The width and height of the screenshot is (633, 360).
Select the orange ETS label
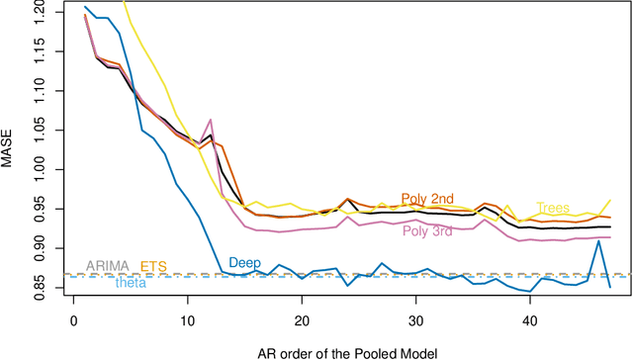click(153, 266)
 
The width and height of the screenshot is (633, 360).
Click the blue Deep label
click(244, 263)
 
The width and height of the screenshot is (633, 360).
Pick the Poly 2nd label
click(427, 199)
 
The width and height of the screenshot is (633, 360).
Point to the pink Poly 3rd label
click(428, 231)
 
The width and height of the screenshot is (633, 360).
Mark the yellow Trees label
click(553, 208)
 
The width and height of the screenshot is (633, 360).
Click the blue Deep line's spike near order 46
click(597, 241)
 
